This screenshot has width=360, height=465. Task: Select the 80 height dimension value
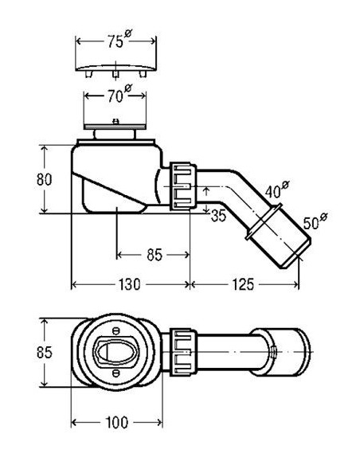coord(44,179)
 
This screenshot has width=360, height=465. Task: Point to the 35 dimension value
coord(218,216)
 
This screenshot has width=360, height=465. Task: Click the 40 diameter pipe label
coord(276,190)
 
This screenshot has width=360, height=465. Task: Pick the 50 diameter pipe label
coord(315,221)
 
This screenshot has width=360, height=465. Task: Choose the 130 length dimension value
coord(130,284)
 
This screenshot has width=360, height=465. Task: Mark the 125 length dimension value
coord(243,284)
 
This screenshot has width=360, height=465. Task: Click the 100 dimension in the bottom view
coord(117,422)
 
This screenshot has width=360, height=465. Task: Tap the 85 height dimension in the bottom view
coord(44,352)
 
